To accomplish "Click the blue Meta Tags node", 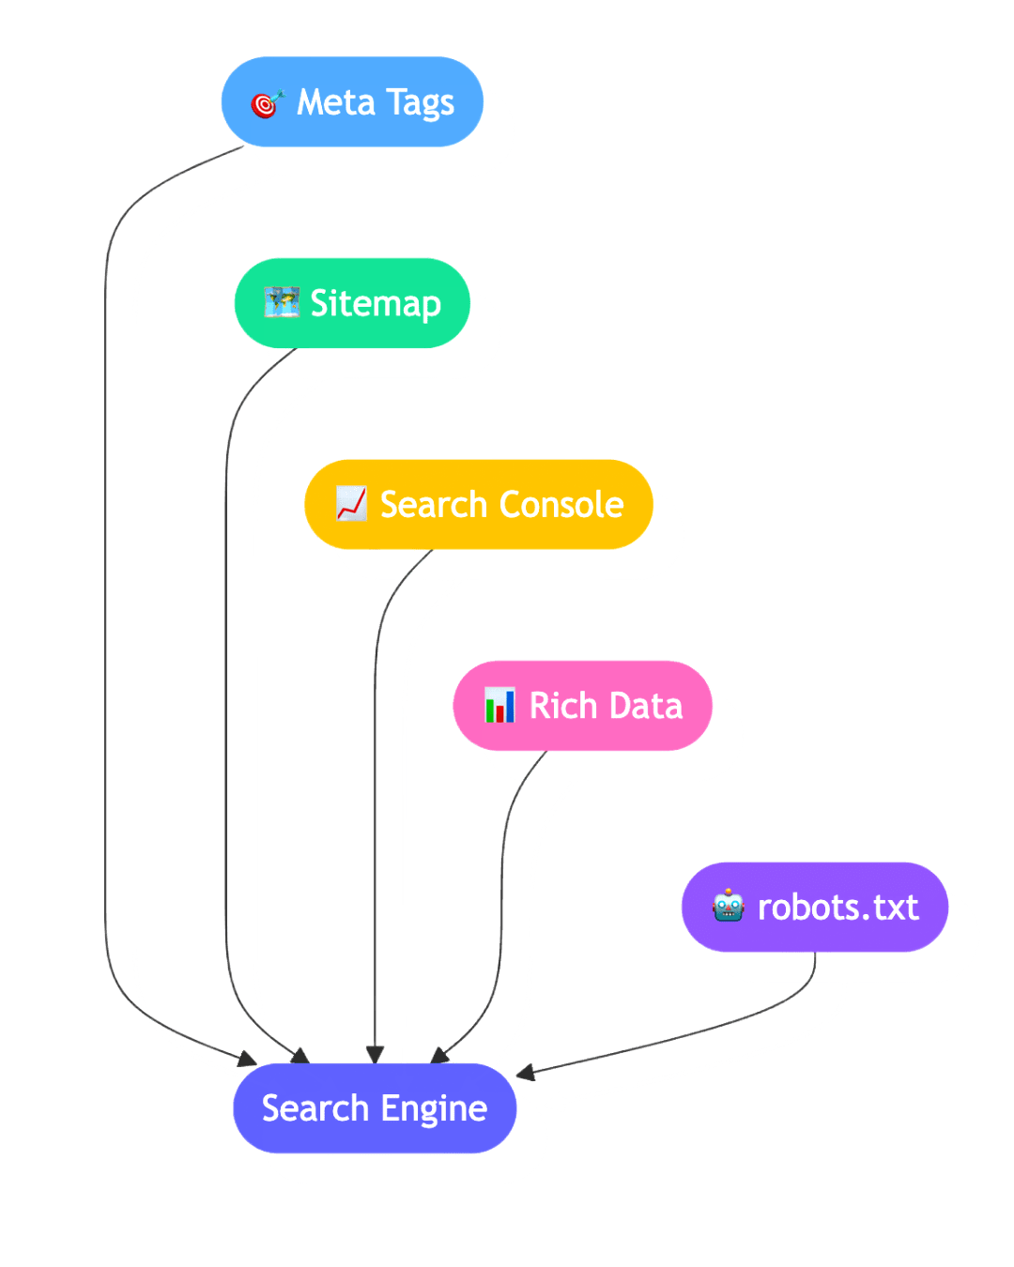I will (x=352, y=101).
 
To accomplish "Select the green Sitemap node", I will (x=352, y=303).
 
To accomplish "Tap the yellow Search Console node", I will (x=479, y=504).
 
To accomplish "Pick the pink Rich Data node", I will (x=582, y=706).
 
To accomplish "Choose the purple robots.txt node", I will (x=814, y=907).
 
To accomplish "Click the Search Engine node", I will (x=375, y=1108).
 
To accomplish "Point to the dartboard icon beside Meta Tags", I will (x=267, y=103).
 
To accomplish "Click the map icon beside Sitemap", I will (x=281, y=303).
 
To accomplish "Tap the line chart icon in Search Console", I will (x=351, y=504).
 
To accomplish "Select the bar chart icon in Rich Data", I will (x=499, y=706).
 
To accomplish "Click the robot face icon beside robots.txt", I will (x=729, y=907).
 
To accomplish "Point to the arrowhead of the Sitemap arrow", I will (x=301, y=1058).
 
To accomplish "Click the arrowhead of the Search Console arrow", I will (x=375, y=1055).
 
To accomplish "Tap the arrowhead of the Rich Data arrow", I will (x=438, y=1057).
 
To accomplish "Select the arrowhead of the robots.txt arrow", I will (x=524, y=1073).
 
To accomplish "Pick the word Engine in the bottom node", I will (x=434, y=1109).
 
